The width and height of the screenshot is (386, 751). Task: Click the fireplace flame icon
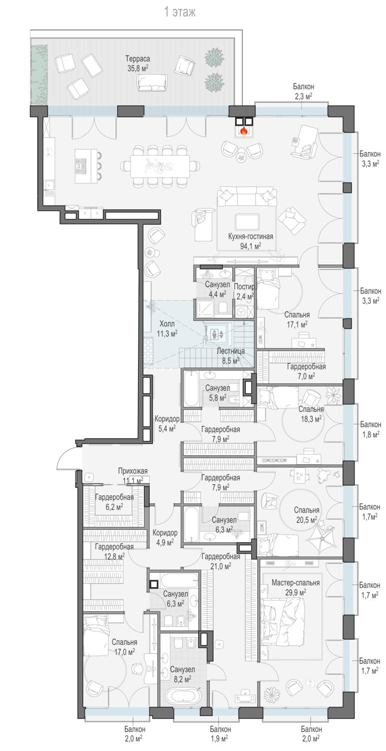pyautogui.click(x=243, y=130)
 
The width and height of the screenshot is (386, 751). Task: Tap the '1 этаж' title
pyautogui.click(x=179, y=13)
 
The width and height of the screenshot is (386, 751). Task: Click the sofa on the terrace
pyautogui.click(x=152, y=82)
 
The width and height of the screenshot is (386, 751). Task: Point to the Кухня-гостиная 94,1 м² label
pyautogui.click(x=250, y=241)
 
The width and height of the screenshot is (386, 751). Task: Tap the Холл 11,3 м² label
pyautogui.click(x=167, y=328)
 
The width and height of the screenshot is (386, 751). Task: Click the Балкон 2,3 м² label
pyautogui.click(x=303, y=91)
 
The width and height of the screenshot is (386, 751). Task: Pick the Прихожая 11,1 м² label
pyautogui.click(x=133, y=476)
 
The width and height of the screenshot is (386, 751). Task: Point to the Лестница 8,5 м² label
pyautogui.click(x=230, y=355)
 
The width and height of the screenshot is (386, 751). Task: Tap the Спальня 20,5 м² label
pyautogui.click(x=306, y=515)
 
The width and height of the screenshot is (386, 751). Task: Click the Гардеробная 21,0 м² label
pyautogui.click(x=220, y=561)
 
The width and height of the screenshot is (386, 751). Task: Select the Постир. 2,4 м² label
pyautogui.click(x=244, y=291)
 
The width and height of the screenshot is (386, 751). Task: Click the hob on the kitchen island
pyautogui.click(x=82, y=166)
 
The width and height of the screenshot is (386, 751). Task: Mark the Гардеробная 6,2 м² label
pyautogui.click(x=114, y=502)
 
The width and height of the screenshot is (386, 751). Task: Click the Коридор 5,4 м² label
pyautogui.click(x=167, y=423)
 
